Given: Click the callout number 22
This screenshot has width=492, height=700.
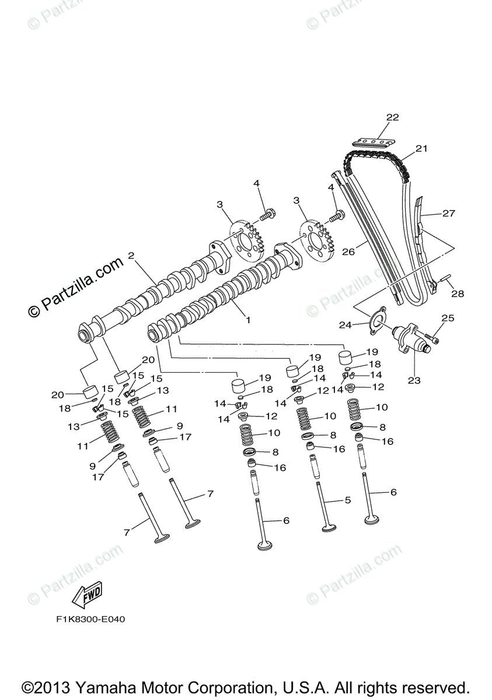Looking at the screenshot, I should (392, 117).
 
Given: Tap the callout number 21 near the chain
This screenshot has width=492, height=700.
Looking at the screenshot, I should (421, 149).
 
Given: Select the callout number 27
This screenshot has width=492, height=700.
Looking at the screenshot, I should (448, 213).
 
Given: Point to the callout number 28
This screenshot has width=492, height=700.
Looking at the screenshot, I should (458, 294).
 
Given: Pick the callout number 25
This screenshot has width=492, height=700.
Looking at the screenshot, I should (447, 318).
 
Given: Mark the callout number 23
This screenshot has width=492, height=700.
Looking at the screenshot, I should (414, 380).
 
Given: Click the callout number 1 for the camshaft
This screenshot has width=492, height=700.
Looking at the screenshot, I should (247, 320).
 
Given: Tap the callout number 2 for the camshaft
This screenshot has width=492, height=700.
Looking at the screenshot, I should (131, 256).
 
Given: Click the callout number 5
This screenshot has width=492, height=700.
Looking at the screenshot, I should (347, 500).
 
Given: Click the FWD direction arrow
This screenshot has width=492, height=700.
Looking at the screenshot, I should (86, 596).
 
